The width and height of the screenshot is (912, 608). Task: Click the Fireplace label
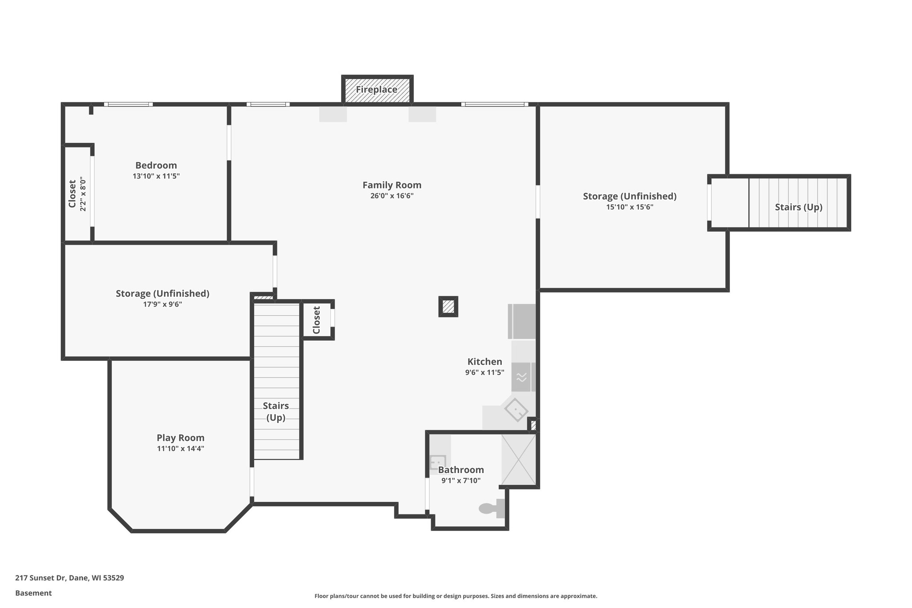[x=376, y=90]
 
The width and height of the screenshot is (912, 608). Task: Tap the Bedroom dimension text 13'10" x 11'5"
[x=156, y=176]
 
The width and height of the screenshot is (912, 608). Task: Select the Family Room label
[x=391, y=185]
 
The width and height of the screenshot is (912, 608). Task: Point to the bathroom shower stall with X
[x=519, y=459]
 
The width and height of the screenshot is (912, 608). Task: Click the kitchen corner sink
[x=516, y=410]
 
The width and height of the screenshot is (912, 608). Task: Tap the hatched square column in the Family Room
[x=448, y=306]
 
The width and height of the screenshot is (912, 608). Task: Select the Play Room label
[x=180, y=437]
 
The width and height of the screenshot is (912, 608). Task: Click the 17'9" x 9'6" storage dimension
[x=163, y=304]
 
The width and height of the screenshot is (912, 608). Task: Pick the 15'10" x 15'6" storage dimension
[x=629, y=207]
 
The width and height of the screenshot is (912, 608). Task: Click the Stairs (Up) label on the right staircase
[x=798, y=207]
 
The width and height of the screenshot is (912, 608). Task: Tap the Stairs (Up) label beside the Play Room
[x=276, y=412]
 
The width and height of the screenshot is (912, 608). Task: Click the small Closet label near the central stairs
[x=317, y=320]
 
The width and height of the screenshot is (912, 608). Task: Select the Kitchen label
[x=484, y=362]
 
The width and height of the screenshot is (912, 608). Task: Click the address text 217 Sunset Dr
[x=69, y=578]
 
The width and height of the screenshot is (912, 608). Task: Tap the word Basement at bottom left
[x=33, y=593]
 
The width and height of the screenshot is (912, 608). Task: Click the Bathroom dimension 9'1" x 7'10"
[x=461, y=481]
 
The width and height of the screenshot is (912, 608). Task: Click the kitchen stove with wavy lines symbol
[x=521, y=377]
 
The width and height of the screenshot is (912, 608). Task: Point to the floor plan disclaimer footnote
[x=456, y=596]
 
